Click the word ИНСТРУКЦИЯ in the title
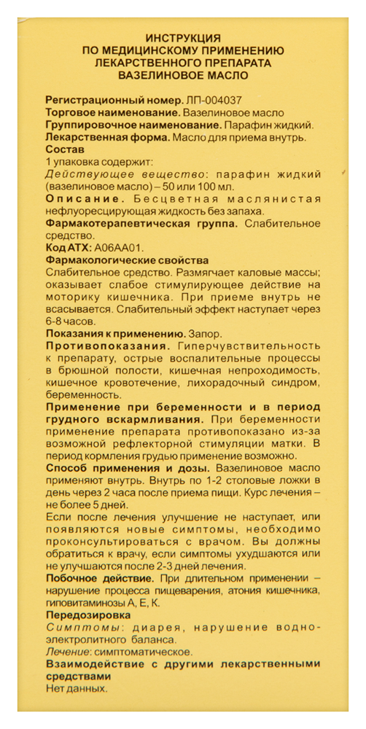pyautogui.click(x=183, y=37)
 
